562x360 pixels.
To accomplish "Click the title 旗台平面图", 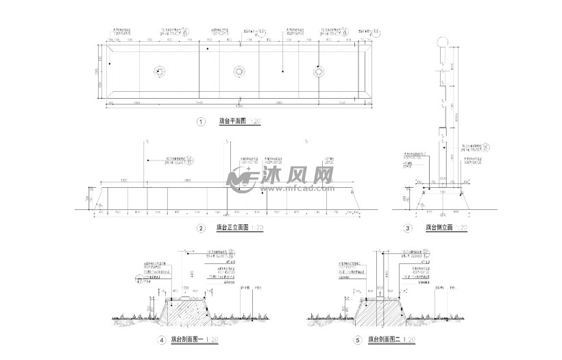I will [x=232, y=122].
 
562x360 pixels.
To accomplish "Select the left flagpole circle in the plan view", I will [x=158, y=71].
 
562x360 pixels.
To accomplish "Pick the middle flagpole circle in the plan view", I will [x=239, y=71].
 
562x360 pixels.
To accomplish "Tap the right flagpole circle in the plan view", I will [x=319, y=71].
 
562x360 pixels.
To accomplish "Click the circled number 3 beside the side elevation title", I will [x=408, y=228].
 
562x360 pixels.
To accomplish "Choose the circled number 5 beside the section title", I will [x=357, y=340].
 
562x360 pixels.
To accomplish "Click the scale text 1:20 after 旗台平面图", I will [x=254, y=122].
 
